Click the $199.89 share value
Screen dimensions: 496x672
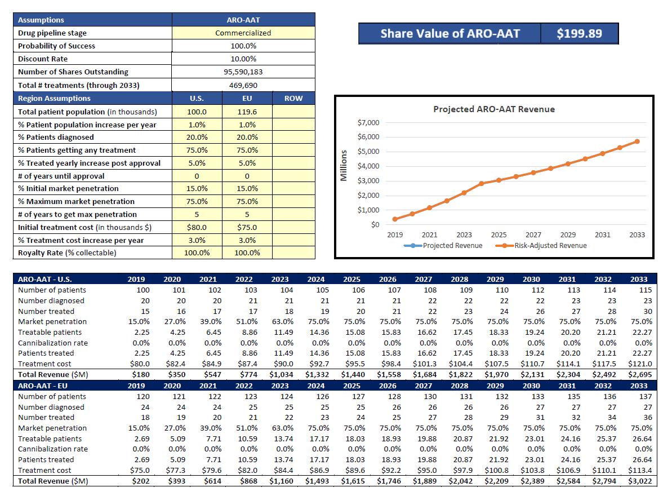[x=579, y=33]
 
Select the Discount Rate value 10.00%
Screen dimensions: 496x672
[x=243, y=59]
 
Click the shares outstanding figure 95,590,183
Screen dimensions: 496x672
[x=243, y=72]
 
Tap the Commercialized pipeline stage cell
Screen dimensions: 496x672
[x=243, y=33]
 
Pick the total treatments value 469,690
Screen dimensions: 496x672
[x=243, y=85]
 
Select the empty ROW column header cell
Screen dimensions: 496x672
[x=293, y=98]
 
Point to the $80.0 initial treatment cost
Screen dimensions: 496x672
[x=197, y=227]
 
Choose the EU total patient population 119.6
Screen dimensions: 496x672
[x=247, y=112]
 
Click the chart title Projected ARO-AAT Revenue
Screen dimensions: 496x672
[x=493, y=109]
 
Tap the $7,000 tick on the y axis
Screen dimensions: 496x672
[x=368, y=123]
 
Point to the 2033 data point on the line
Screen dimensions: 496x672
[x=637, y=141]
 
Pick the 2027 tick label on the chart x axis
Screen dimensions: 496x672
[x=533, y=234]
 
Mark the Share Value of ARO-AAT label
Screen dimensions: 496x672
[x=450, y=33]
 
